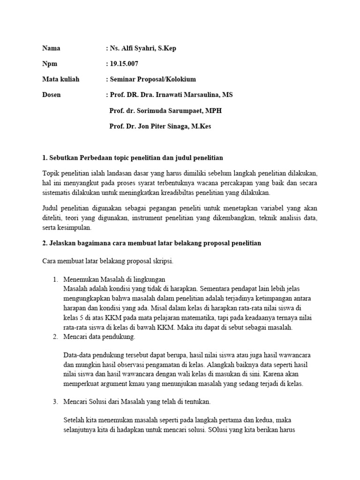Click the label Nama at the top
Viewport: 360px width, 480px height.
51,48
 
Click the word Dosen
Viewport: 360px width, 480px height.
51,95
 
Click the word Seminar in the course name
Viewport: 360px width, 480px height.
124,79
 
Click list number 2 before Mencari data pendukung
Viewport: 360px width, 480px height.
55,337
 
